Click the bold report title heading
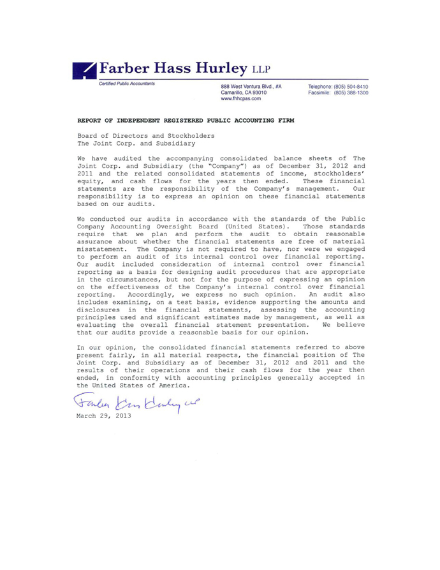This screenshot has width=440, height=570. [186, 119]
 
